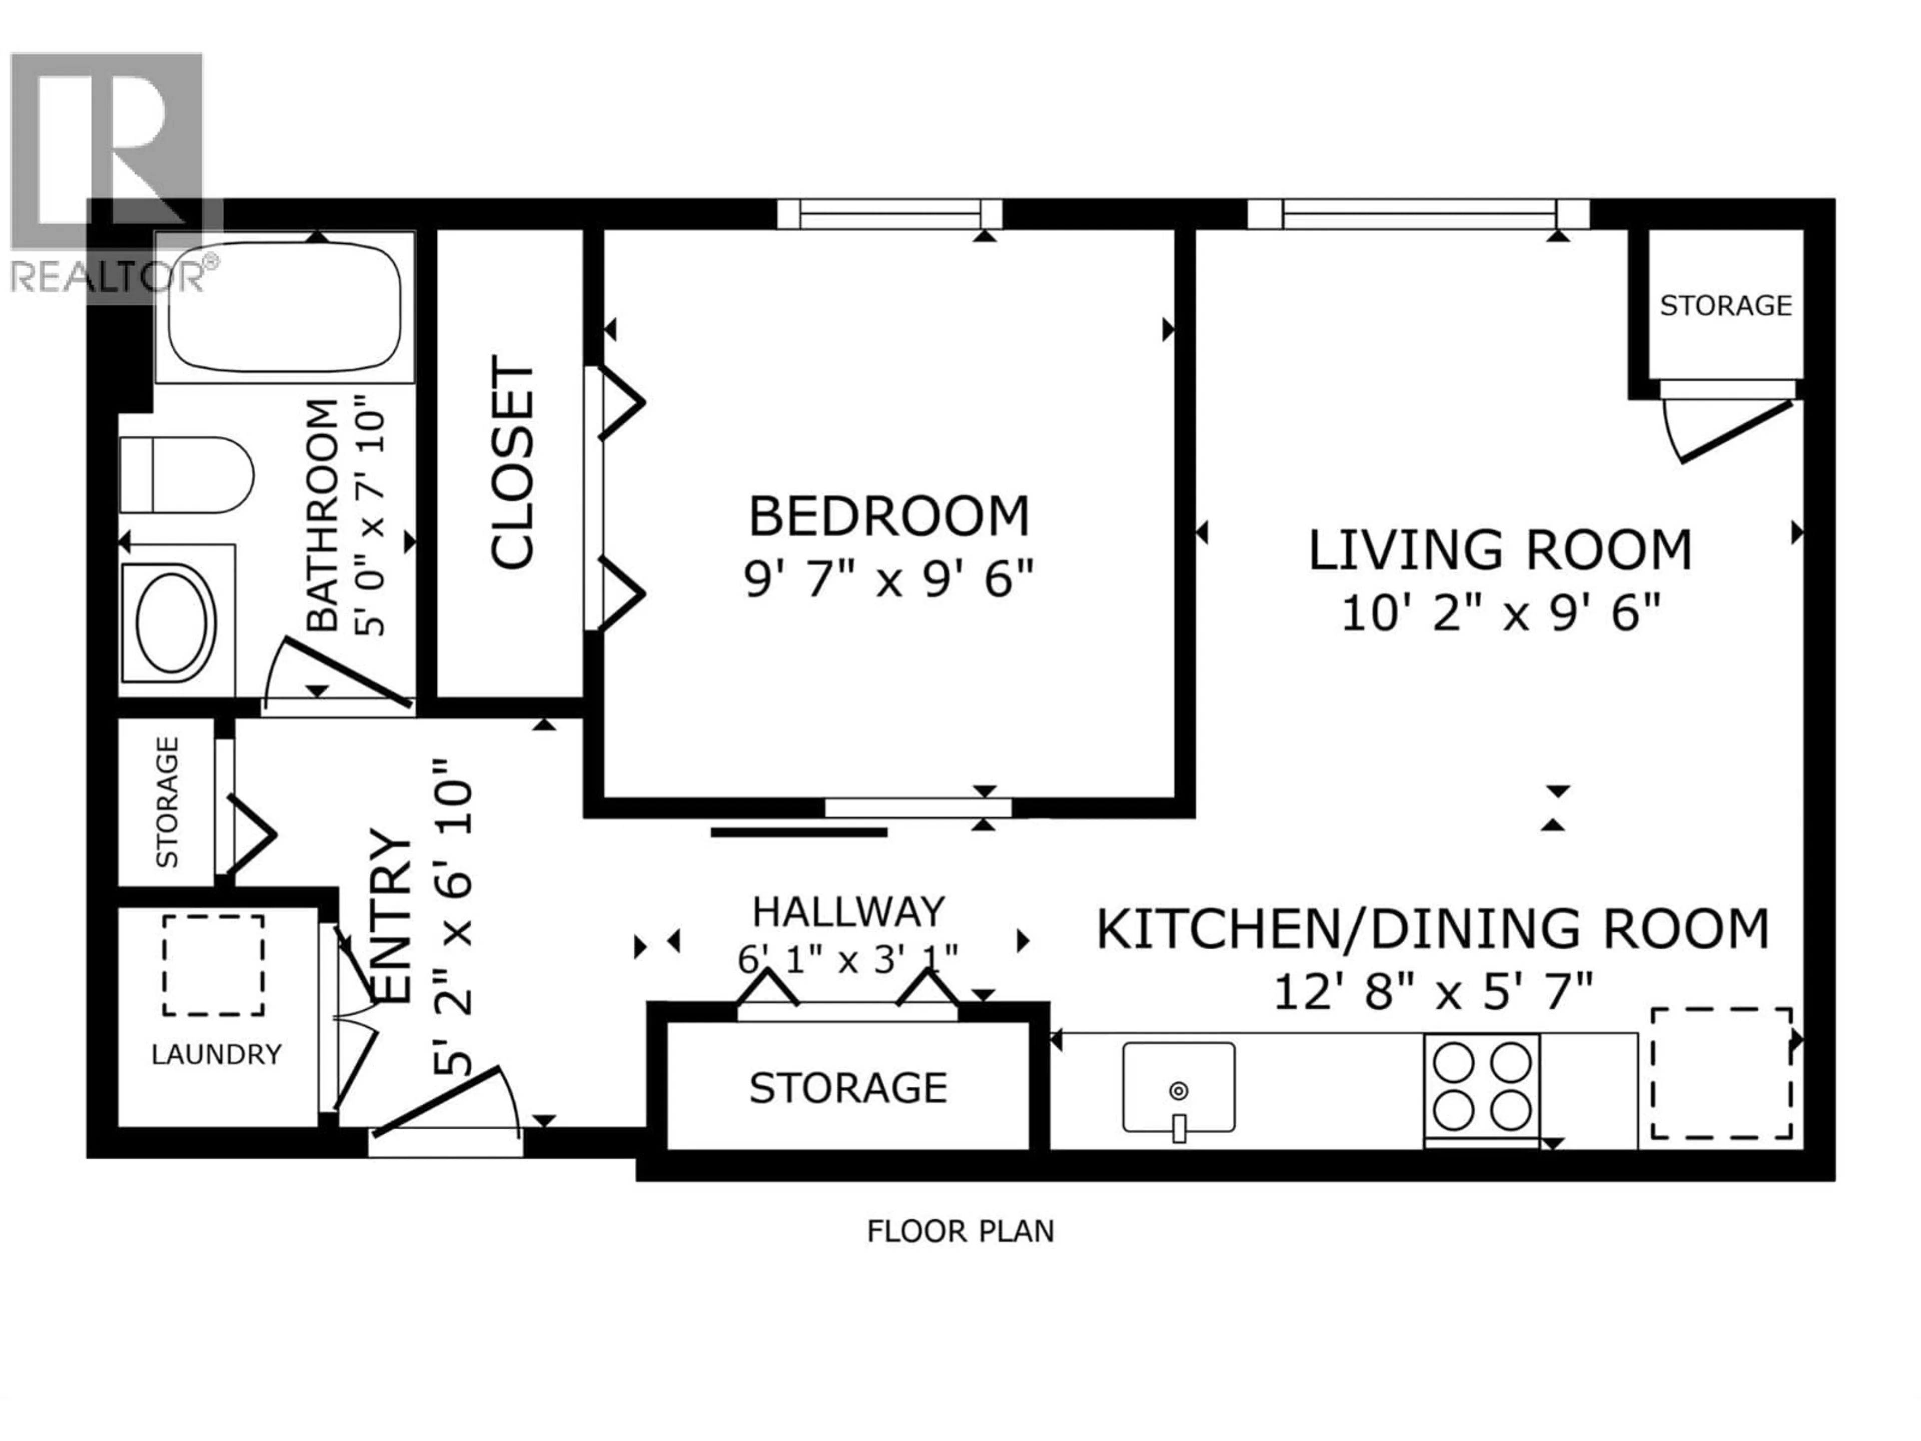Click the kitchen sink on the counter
[1179, 1087]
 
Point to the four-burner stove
[1482, 1086]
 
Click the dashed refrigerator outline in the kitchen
[1721, 1074]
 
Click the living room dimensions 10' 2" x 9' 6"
[1501, 614]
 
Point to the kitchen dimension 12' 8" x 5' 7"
[1433, 992]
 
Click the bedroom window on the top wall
[889, 214]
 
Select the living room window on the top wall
[1418, 214]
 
